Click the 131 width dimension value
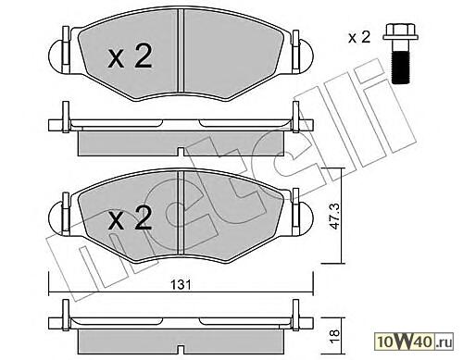pos(181,285)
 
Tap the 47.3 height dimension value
pos(334,216)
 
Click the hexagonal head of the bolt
pos(401,32)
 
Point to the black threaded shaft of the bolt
pos(401,68)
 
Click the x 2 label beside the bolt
pos(359,38)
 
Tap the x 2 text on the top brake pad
pos(130,56)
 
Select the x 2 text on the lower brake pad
pos(130,218)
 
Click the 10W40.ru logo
pos(415,341)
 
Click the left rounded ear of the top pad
pos(56,56)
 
